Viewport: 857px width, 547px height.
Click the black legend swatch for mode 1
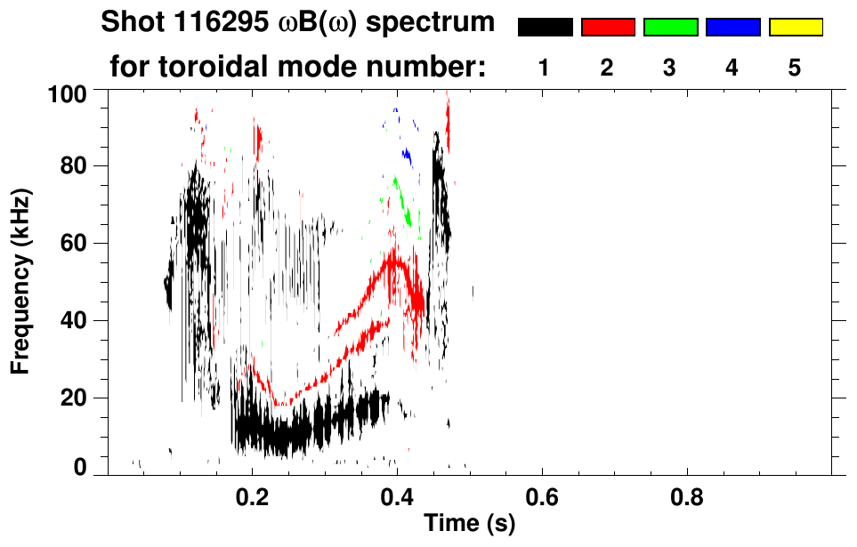click(x=545, y=28)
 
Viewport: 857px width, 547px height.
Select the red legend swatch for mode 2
click(x=608, y=28)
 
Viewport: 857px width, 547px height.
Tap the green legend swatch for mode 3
click(x=670, y=28)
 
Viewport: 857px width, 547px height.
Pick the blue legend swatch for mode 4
click(x=732, y=28)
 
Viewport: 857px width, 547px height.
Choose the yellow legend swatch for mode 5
click(x=795, y=28)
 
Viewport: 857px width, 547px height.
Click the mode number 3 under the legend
click(x=670, y=68)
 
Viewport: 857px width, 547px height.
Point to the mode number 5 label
click(x=795, y=68)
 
